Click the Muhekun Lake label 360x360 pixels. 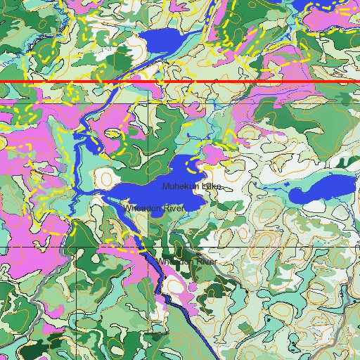(x=191, y=186)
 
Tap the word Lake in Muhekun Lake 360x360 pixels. (x=211, y=186)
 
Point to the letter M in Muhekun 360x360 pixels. (x=165, y=187)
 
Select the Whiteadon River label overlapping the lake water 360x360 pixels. (x=153, y=209)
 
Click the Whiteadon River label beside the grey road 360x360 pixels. (x=186, y=262)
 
